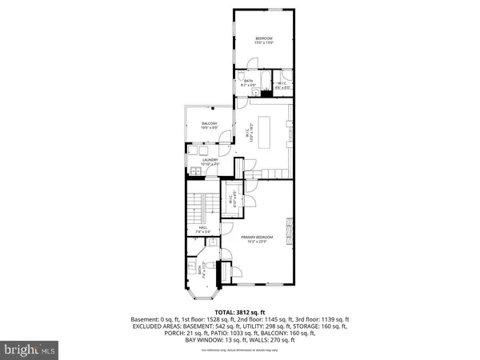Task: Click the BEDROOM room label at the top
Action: tap(264, 38)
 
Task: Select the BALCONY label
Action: tap(210, 123)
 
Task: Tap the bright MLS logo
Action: tap(31, 350)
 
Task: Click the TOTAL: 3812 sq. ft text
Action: tap(239, 311)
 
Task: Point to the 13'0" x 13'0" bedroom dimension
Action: tap(264, 43)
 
